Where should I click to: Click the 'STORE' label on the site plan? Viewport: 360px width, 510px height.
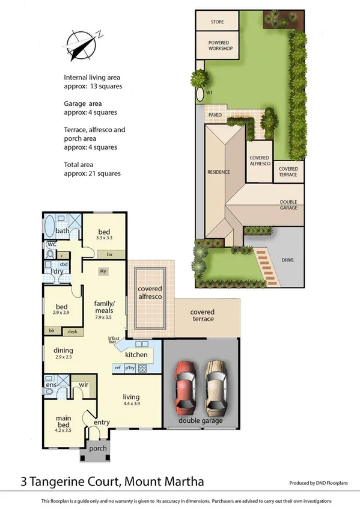(x=217, y=22)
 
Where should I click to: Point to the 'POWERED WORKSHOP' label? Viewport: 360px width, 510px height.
(x=220, y=46)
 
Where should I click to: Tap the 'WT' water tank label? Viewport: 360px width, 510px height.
(x=210, y=93)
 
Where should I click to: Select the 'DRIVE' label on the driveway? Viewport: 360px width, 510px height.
(x=288, y=260)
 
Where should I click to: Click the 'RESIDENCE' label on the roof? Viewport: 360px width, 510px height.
(x=218, y=172)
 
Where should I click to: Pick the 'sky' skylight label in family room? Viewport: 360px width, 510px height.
(x=103, y=271)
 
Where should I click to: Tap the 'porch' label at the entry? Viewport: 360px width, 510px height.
(x=97, y=449)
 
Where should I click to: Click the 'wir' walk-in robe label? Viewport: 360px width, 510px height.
(x=84, y=385)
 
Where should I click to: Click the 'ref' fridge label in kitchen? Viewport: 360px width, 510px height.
(x=118, y=368)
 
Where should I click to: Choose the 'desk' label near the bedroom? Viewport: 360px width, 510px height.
(x=72, y=331)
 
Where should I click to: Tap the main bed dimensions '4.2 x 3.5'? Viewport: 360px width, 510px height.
(x=63, y=431)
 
